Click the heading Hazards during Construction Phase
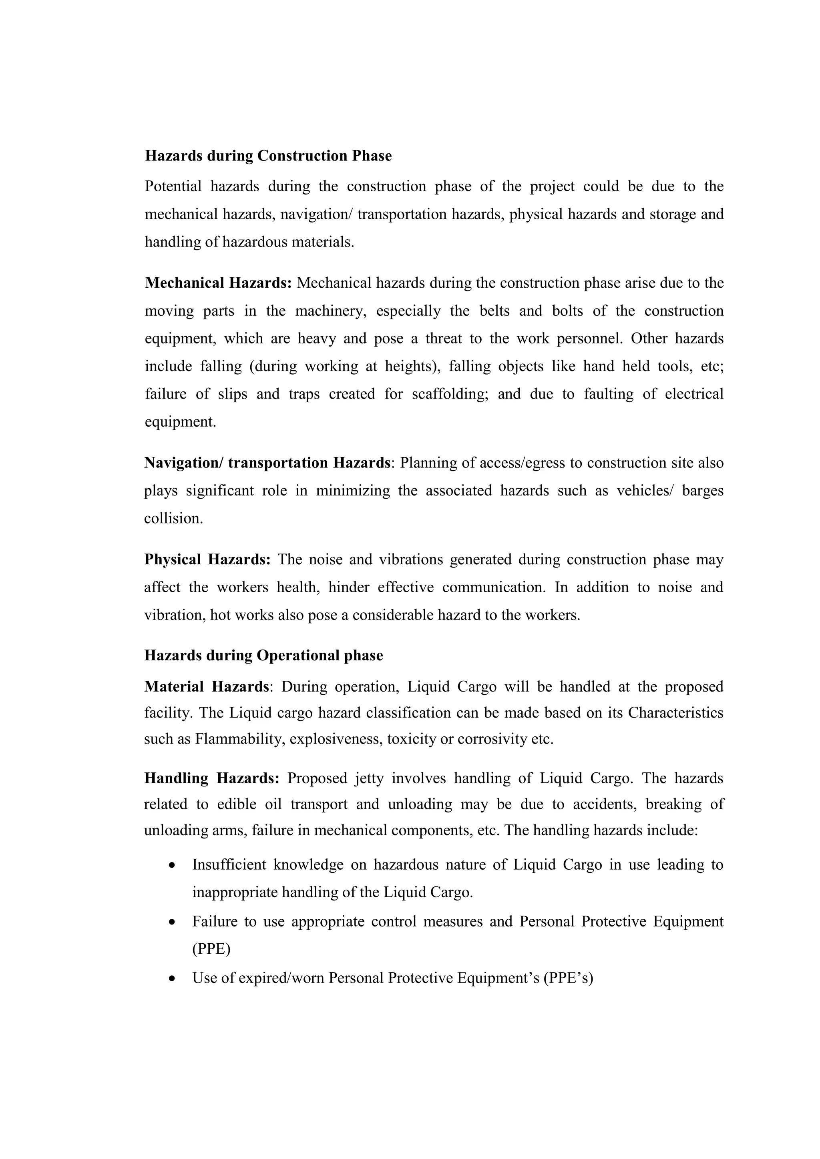pyautogui.click(x=268, y=156)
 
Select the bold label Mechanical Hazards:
pyautogui.click(x=218, y=283)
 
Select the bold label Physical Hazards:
pyautogui.click(x=207, y=559)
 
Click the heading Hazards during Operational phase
pyautogui.click(x=263, y=655)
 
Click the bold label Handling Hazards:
pyautogui.click(x=211, y=778)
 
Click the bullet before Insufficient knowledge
pyautogui.click(x=173, y=865)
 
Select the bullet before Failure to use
pyautogui.click(x=173, y=922)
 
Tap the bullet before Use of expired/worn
pyautogui.click(x=173, y=978)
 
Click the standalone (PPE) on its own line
pyautogui.click(x=211, y=950)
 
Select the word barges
pyautogui.click(x=702, y=491)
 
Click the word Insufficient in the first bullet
pyautogui.click(x=229, y=865)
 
